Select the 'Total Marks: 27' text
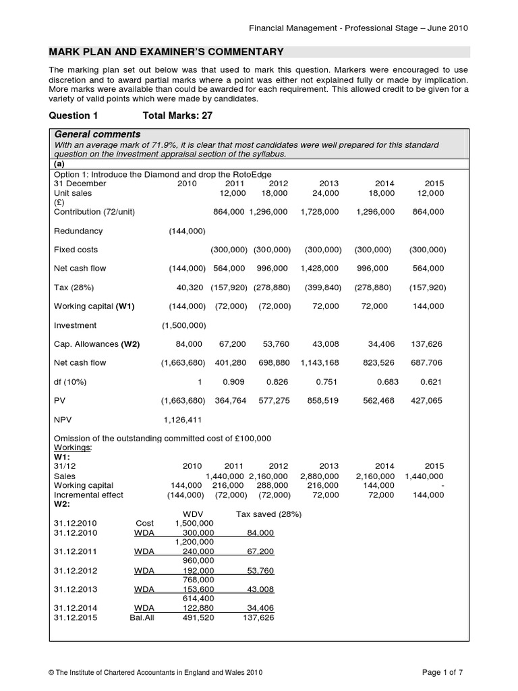[x=177, y=115]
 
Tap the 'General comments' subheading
[x=96, y=134]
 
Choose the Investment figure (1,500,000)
[x=184, y=325]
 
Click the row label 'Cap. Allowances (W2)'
[x=96, y=344]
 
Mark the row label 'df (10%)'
[x=71, y=382]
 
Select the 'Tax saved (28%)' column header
[x=268, y=514]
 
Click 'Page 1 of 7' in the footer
[x=445, y=672]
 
